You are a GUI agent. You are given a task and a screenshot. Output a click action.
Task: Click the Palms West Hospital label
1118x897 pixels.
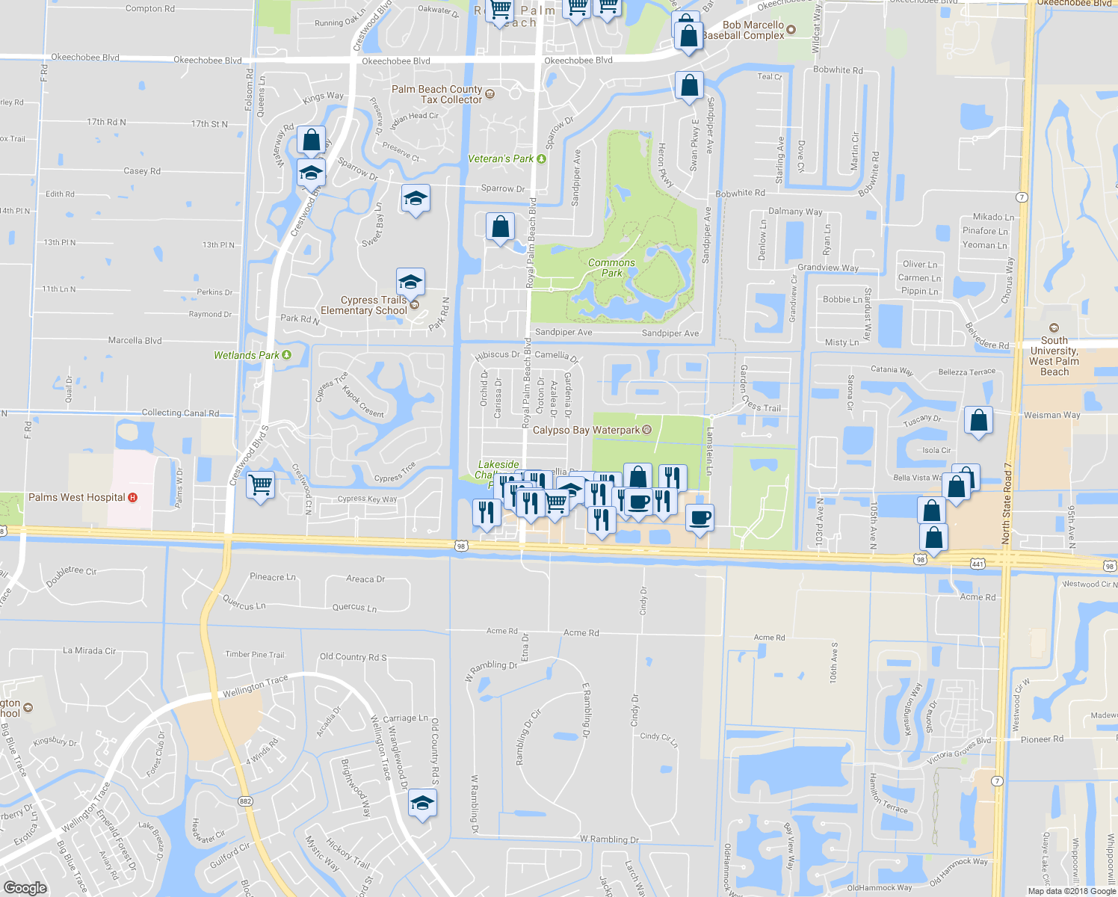click(x=77, y=498)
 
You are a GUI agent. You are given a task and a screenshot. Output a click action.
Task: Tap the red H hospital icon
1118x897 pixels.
click(x=133, y=498)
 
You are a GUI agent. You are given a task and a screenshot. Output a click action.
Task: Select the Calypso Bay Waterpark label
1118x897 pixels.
click(x=586, y=431)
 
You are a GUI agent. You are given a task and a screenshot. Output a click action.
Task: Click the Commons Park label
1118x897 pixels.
click(x=611, y=268)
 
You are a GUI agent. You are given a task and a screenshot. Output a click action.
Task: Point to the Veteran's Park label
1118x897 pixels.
click(x=501, y=159)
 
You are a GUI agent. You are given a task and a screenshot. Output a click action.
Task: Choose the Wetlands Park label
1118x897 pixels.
click(x=247, y=356)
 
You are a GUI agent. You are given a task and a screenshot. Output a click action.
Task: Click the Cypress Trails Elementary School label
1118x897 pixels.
click(x=364, y=306)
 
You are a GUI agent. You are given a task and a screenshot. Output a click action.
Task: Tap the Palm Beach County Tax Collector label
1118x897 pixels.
click(x=437, y=94)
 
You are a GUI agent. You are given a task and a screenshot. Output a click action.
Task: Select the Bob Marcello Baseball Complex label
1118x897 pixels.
click(x=744, y=30)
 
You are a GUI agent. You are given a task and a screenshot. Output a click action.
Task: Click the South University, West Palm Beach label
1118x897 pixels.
click(x=1054, y=356)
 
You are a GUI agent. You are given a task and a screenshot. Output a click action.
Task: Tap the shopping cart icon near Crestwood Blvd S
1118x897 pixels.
click(x=260, y=486)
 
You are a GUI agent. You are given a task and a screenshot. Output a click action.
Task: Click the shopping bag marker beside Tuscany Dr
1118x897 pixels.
click(x=978, y=421)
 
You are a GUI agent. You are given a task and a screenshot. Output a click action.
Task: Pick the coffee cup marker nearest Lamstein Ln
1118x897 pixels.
click(x=699, y=517)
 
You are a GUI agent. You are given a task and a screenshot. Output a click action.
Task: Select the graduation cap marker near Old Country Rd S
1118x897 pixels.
click(x=422, y=804)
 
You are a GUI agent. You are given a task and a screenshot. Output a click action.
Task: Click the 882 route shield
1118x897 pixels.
click(x=246, y=801)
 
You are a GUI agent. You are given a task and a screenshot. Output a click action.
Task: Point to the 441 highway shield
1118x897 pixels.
click(x=977, y=564)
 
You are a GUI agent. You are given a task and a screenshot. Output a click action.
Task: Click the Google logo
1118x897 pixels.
click(x=25, y=888)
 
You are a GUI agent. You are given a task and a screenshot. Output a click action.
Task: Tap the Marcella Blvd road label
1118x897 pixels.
click(x=135, y=341)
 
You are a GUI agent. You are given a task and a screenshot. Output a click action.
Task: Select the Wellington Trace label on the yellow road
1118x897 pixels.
click(x=255, y=686)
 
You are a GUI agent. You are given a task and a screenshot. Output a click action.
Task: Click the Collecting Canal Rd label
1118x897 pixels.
click(x=180, y=413)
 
